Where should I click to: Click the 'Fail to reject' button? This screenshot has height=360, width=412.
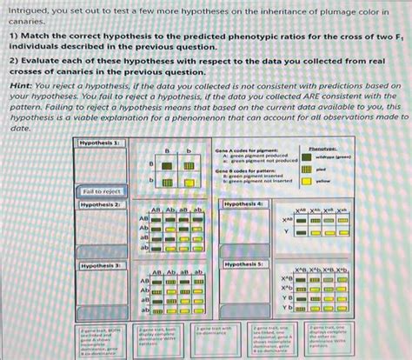tap(102, 190)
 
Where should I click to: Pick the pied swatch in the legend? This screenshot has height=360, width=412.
tap(306, 170)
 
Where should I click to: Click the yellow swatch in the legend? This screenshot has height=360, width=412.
tap(306, 182)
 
